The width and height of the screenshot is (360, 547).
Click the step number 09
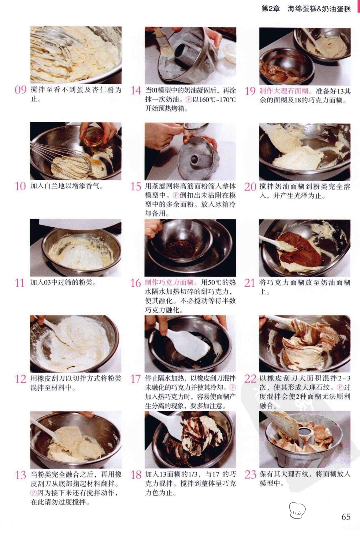pyautogui.click(x=21, y=90)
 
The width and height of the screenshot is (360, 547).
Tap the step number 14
pyautogui.click(x=136, y=91)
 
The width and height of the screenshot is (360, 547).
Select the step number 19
pyautogui.click(x=250, y=91)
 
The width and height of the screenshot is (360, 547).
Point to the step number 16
pyautogui.click(x=136, y=283)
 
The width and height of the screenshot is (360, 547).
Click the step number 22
pyautogui.click(x=250, y=379)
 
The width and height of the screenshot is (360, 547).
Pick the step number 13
pyautogui.click(x=21, y=475)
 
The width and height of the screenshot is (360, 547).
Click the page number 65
pyautogui.click(x=346, y=517)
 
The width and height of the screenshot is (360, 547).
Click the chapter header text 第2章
pyautogui.click(x=271, y=9)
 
